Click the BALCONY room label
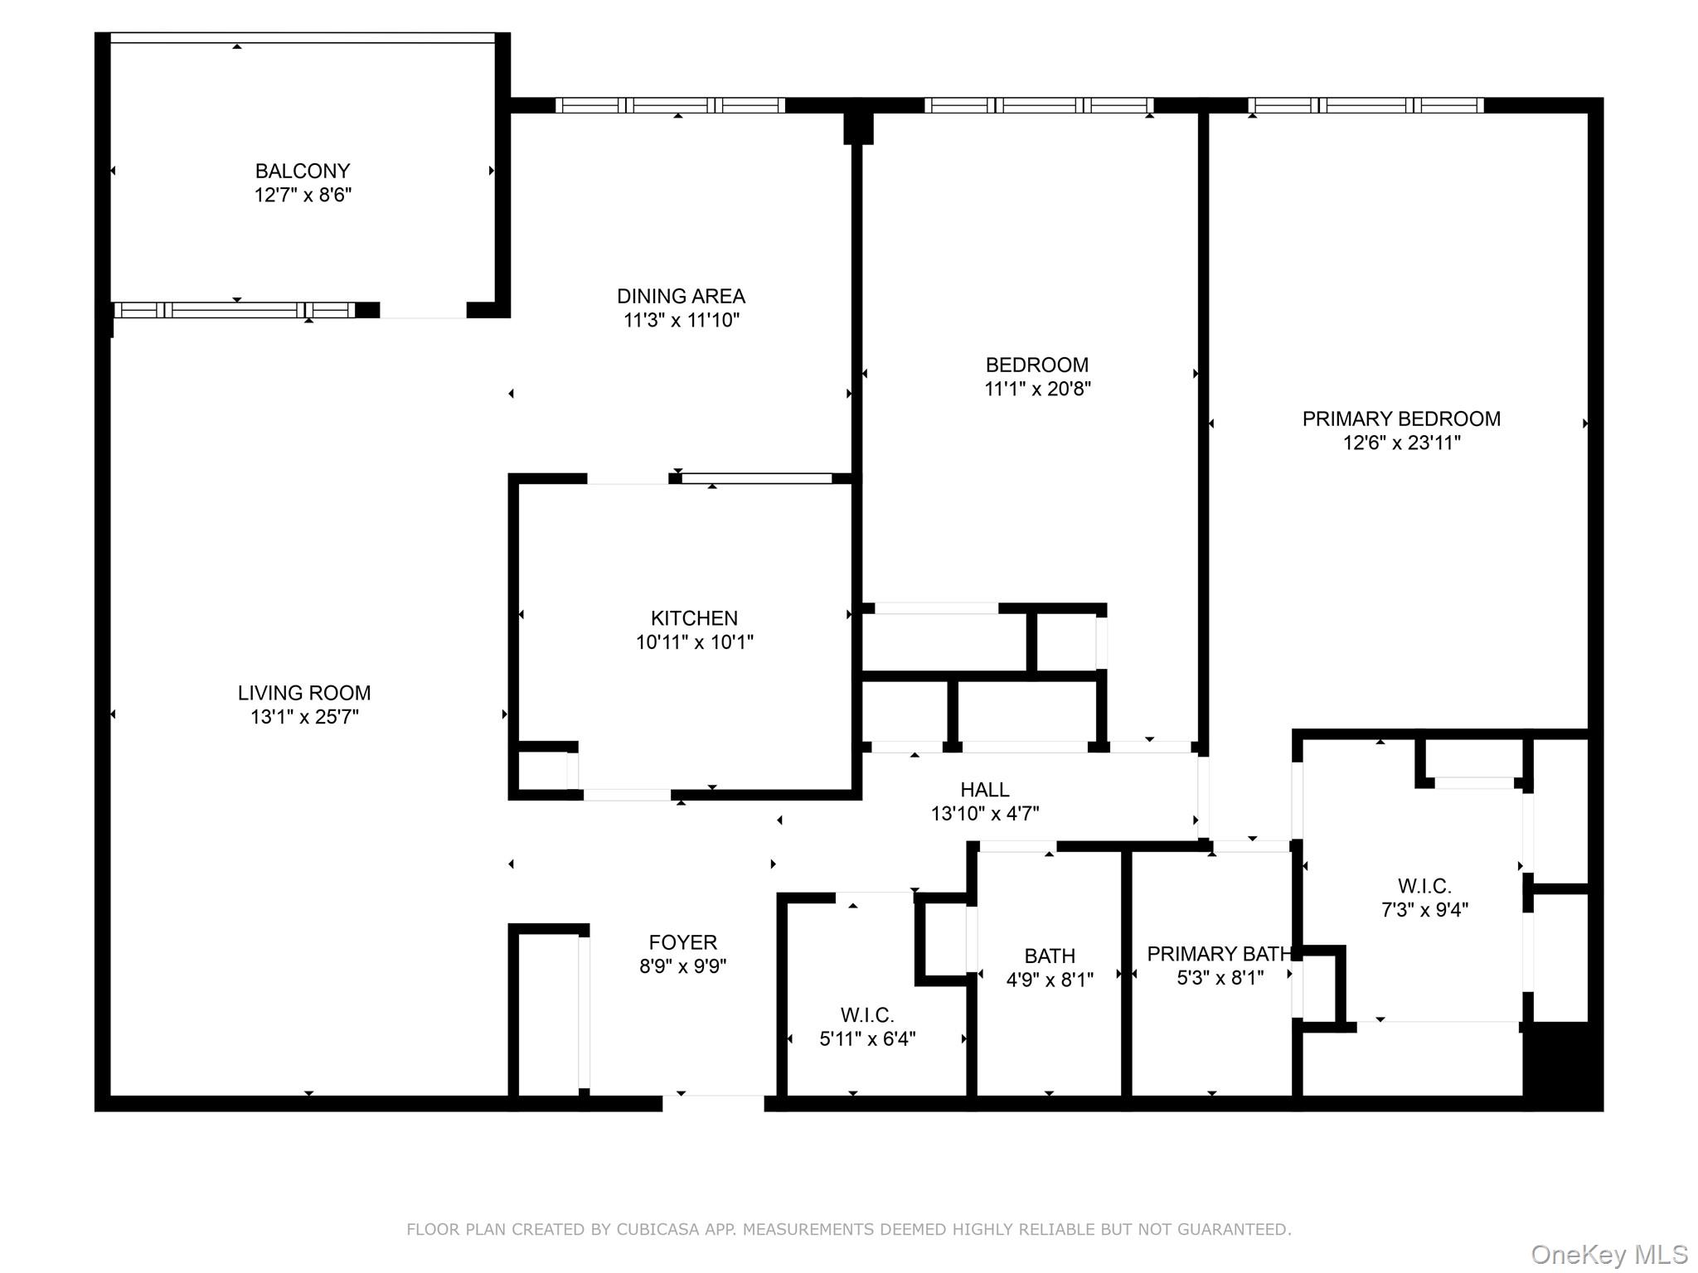(x=303, y=171)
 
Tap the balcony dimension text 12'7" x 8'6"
(x=303, y=195)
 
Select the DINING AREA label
(x=681, y=296)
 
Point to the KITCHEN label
(x=694, y=618)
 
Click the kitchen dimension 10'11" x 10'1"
(x=694, y=642)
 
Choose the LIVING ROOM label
(x=304, y=693)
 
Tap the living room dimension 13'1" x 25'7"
(x=304, y=717)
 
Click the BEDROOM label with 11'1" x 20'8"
(x=1036, y=365)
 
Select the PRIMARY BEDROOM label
(x=1401, y=419)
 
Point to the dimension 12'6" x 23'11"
(x=1401, y=443)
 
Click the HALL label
(x=985, y=790)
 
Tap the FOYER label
(x=682, y=942)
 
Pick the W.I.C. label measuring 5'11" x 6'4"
(x=867, y=1015)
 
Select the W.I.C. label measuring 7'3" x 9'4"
(x=1424, y=886)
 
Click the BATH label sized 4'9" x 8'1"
(x=1050, y=956)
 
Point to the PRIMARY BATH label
(x=1220, y=954)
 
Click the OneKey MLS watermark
(x=1609, y=1255)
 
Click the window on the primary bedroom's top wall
(x=1366, y=105)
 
